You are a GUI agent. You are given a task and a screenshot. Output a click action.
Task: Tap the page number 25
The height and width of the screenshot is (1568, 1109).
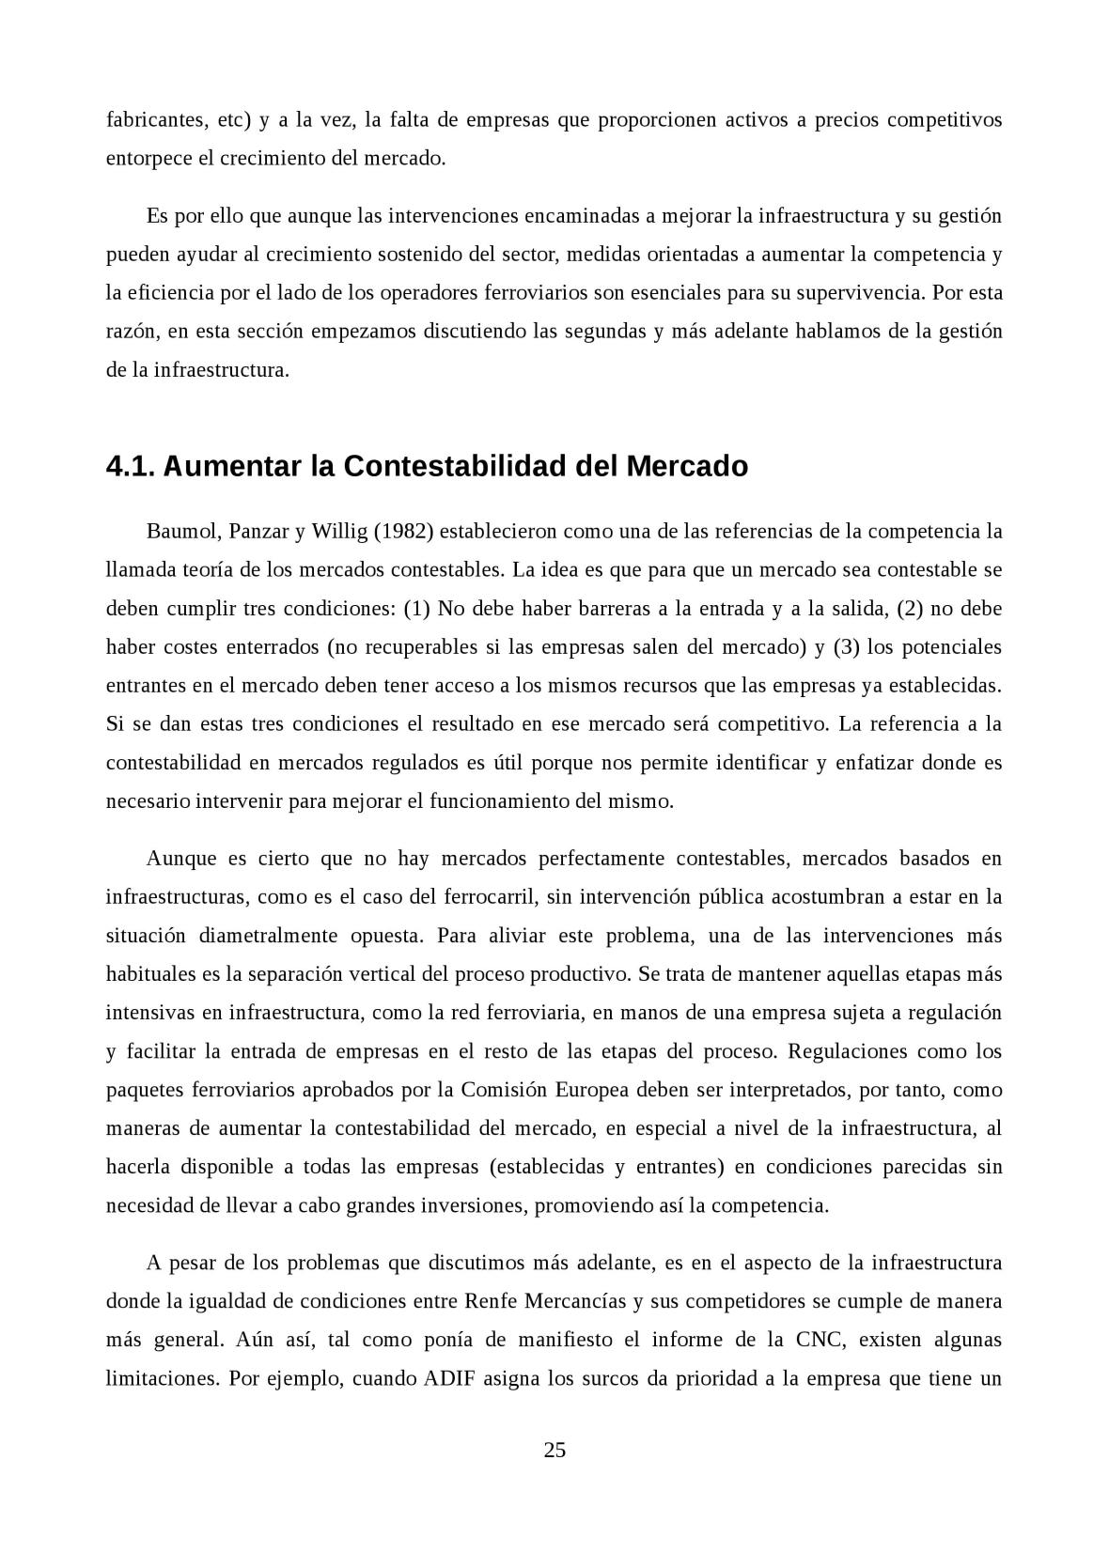click(x=554, y=1450)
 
